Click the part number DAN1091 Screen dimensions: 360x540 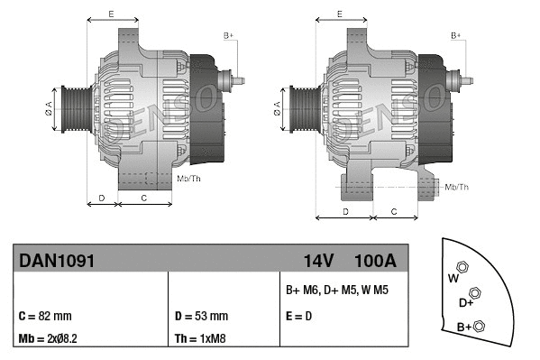pyautogui.click(x=56, y=261)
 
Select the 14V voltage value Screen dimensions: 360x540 pyautogui.click(x=318, y=261)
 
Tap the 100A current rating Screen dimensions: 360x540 pyautogui.click(x=376, y=261)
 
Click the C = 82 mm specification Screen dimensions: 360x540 pyautogui.click(x=44, y=317)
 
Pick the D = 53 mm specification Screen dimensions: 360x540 pyautogui.click(x=201, y=317)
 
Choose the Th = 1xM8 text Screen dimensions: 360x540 pyautogui.click(x=201, y=339)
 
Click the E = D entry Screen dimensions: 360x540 pyautogui.click(x=298, y=317)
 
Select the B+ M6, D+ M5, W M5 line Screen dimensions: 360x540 pyautogui.click(x=336, y=291)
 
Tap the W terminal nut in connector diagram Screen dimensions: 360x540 pyautogui.click(x=462, y=268)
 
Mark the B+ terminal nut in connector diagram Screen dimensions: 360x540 pyautogui.click(x=480, y=326)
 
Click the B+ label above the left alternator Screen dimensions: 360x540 pyautogui.click(x=228, y=35)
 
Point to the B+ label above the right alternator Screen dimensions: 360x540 pyautogui.click(x=456, y=35)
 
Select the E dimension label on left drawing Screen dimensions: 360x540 pyautogui.click(x=111, y=14)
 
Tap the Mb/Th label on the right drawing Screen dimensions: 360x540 pyautogui.click(x=457, y=187)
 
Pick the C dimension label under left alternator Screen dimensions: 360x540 pyautogui.click(x=144, y=197)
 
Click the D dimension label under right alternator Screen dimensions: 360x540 pyautogui.click(x=345, y=210)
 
